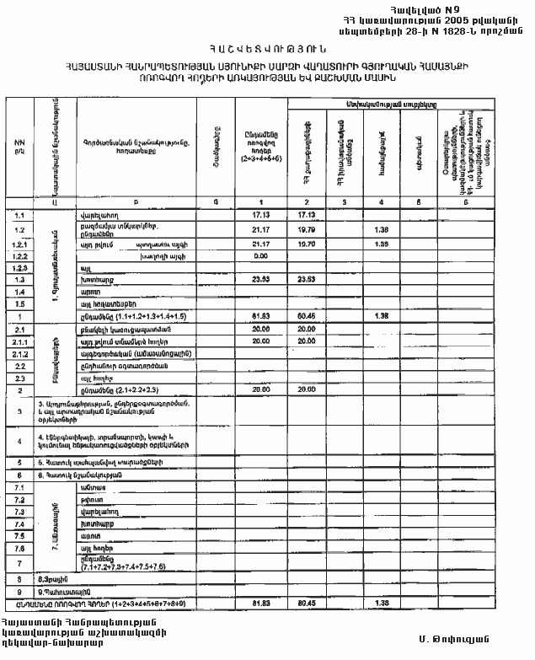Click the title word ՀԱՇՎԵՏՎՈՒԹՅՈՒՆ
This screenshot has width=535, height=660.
267,51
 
